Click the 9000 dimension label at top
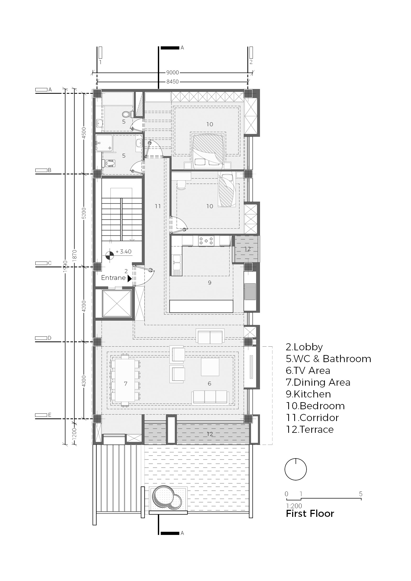coord(173,73)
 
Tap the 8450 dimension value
coord(173,82)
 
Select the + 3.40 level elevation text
coord(123,252)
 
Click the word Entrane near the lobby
coord(113,278)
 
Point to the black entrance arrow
coord(130,279)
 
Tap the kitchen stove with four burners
coord(206,241)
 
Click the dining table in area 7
coord(125,380)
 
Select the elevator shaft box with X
coord(117,303)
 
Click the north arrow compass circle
coord(296,469)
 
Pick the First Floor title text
coord(310,513)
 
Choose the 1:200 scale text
coord(294,506)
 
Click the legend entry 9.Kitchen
coord(308,394)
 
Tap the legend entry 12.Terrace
coord(310,429)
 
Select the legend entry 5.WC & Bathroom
coord(329,358)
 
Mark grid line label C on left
coord(49,263)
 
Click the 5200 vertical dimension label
coord(84,213)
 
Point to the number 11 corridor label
coord(158,206)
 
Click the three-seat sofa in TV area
coord(210,397)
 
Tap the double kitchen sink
coord(176,263)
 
